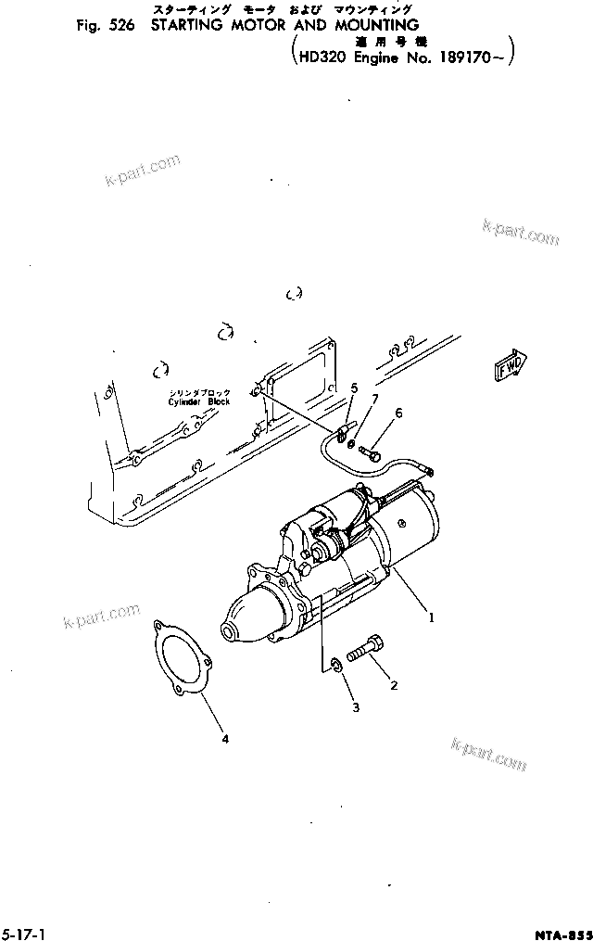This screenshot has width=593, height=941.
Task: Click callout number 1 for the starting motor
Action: point(429,614)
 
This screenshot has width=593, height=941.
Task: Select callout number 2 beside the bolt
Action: point(394,686)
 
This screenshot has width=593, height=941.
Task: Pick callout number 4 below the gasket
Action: point(223,739)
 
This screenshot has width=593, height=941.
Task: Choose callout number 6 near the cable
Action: point(399,413)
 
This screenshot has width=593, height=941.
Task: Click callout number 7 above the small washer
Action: point(374,399)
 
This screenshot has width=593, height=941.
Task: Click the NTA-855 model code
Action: point(561,933)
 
